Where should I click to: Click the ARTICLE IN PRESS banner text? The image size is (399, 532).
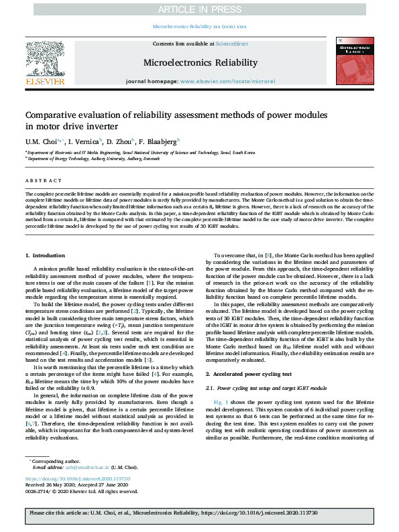(x=199, y=9)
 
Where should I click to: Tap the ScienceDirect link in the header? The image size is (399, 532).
(x=231, y=44)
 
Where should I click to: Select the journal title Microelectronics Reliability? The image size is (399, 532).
(x=200, y=62)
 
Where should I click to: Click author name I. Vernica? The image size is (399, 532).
(x=84, y=142)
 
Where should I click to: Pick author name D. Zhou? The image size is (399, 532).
(x=121, y=142)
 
